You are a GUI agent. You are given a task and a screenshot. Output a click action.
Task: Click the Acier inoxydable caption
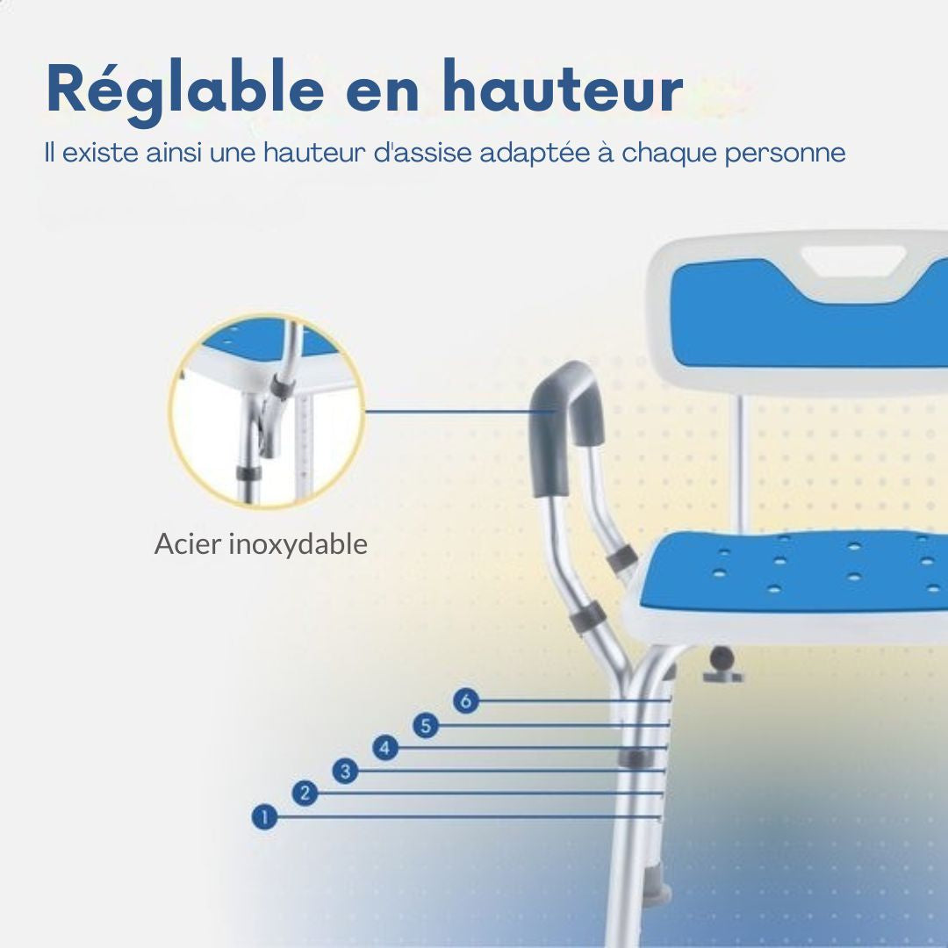(261, 544)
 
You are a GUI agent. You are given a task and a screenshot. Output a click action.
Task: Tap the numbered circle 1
(263, 818)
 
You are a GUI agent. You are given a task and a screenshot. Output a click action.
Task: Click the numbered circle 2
(305, 794)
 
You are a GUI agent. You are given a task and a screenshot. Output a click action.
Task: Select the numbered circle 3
(345, 772)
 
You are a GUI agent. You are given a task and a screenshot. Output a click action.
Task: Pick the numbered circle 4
(385, 749)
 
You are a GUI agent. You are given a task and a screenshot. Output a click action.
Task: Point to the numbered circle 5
(426, 726)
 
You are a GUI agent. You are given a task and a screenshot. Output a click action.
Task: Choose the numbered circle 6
(466, 701)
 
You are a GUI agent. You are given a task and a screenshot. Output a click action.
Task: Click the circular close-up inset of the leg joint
(265, 413)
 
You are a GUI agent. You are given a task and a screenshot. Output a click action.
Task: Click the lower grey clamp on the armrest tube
(587, 617)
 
